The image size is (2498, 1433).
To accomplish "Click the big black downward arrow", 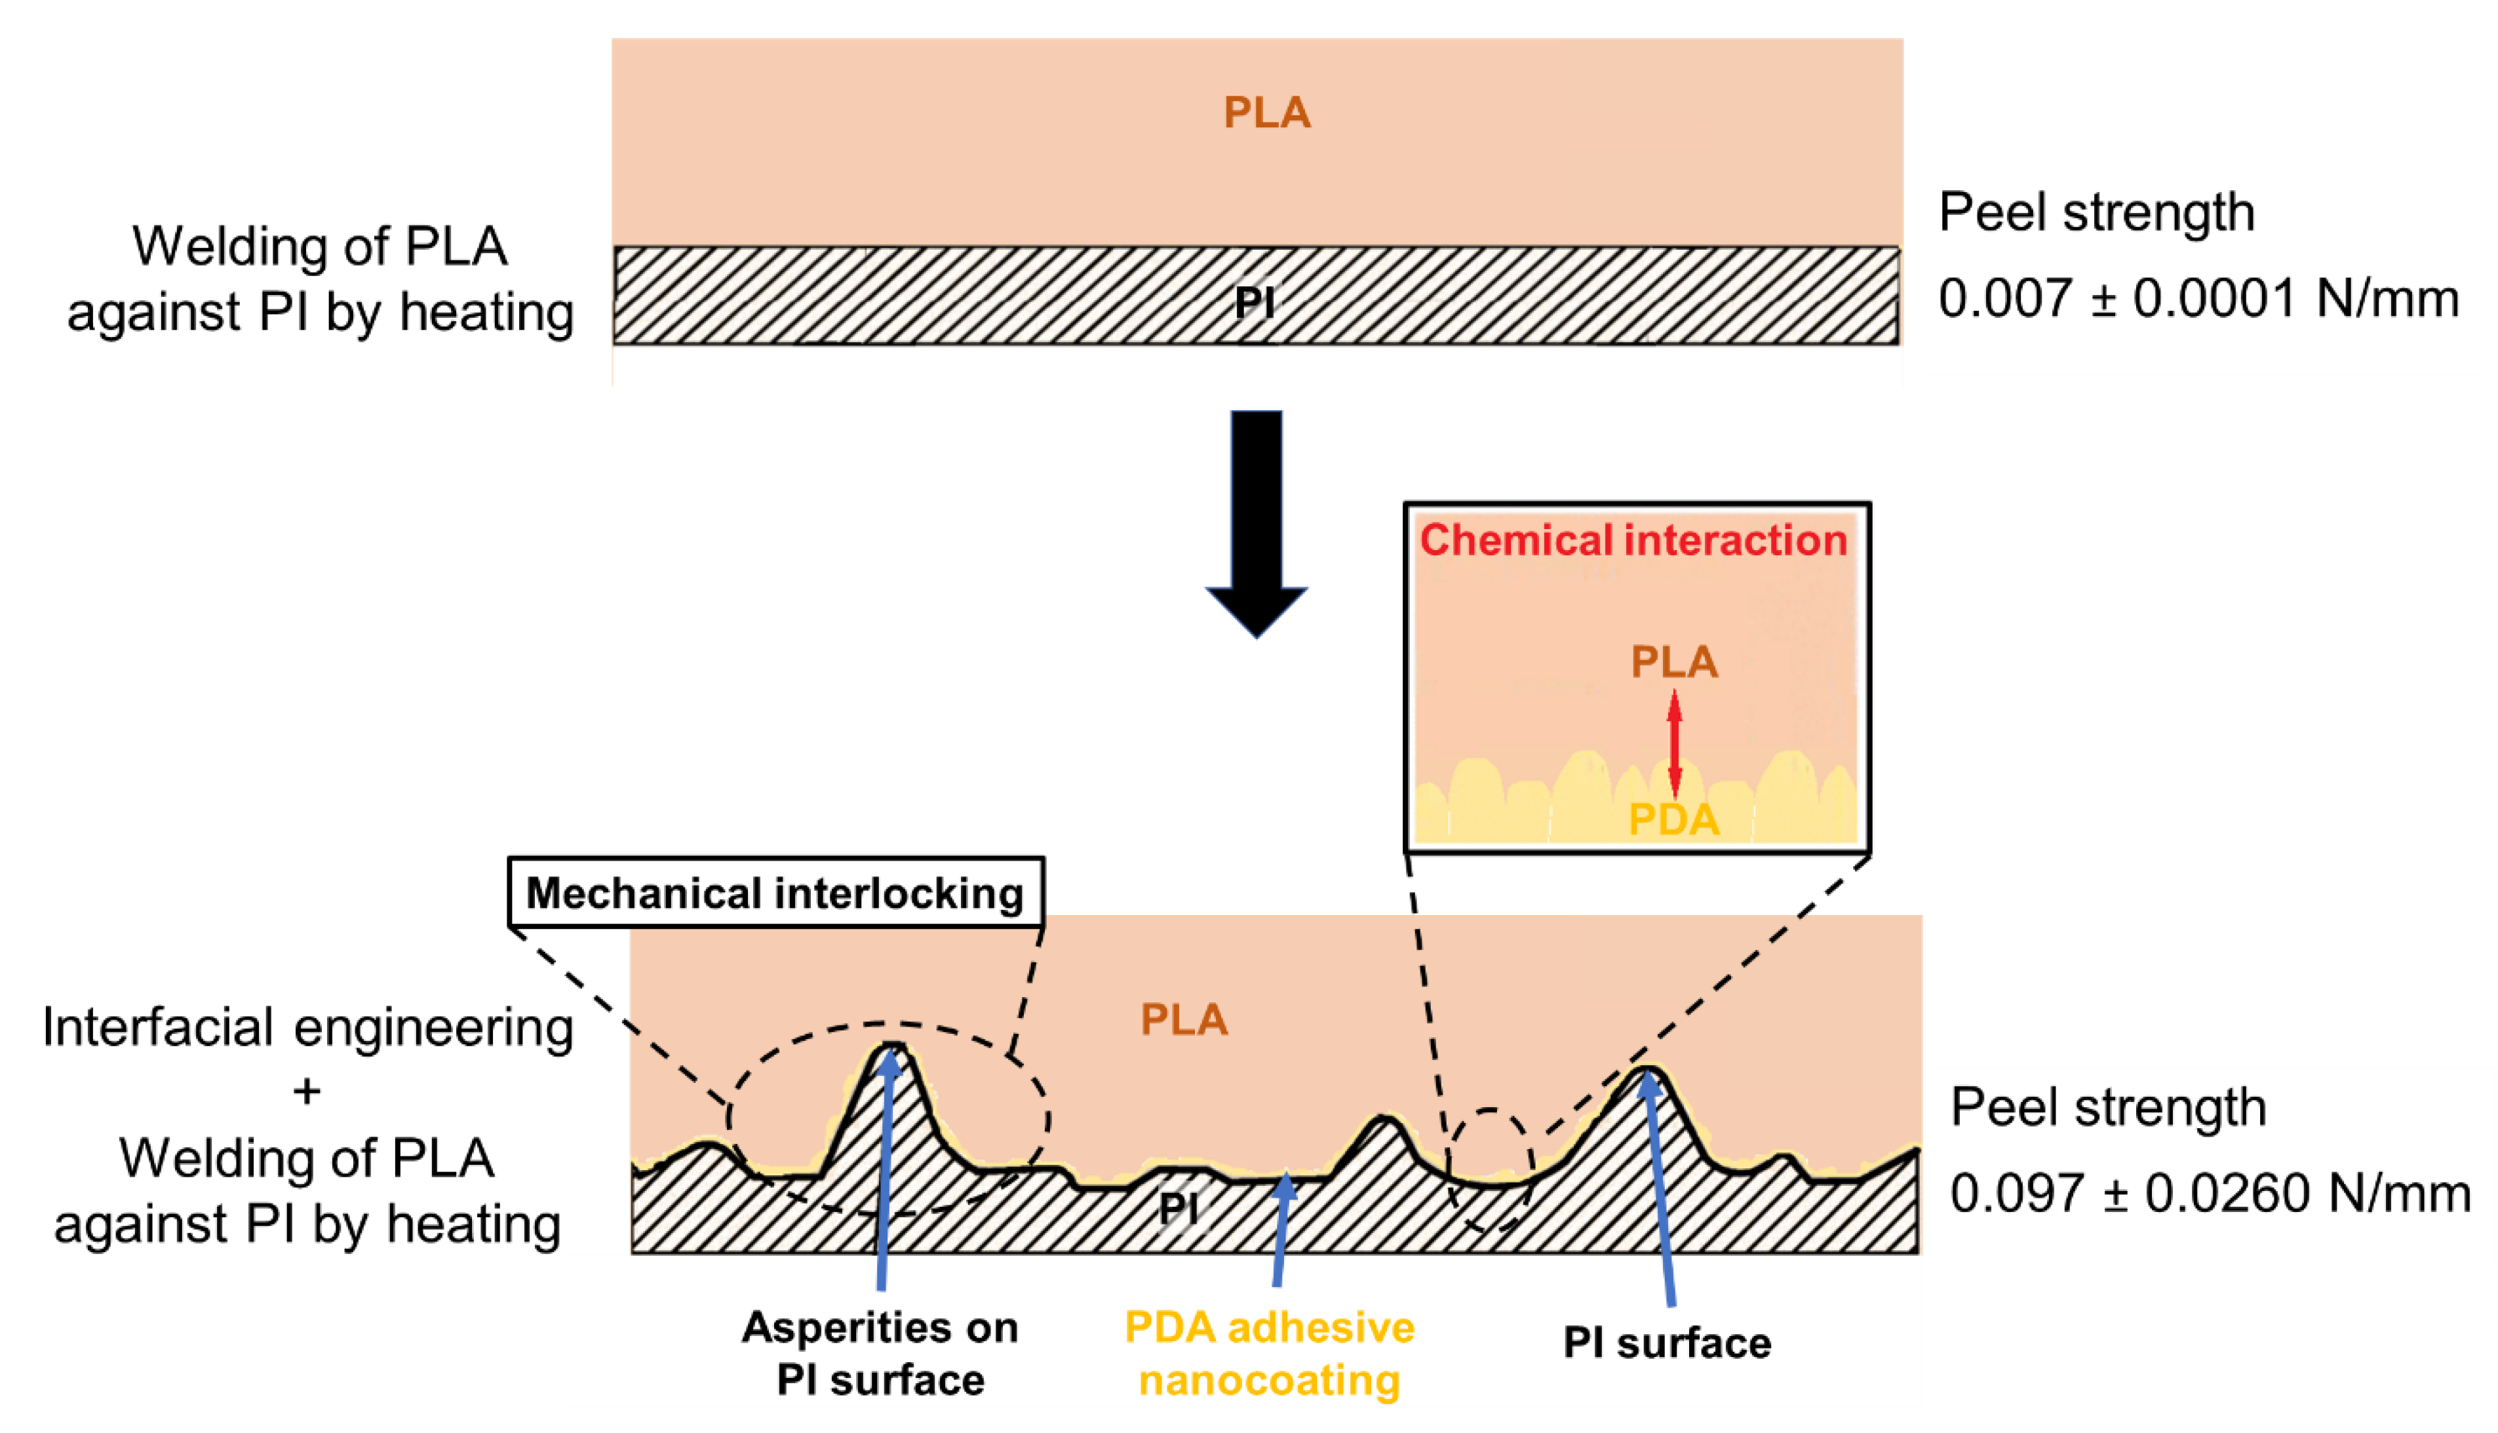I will tap(1257, 522).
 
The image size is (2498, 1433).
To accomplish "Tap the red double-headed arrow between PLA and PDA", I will tap(1675, 743).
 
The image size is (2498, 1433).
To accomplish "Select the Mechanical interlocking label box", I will tap(775, 893).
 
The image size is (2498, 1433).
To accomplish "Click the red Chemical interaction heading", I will tap(1633, 540).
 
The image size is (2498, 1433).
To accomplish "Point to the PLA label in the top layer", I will tap(1267, 113).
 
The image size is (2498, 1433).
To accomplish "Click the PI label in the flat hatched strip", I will tap(1255, 302).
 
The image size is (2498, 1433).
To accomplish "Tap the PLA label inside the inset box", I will tap(1675, 661).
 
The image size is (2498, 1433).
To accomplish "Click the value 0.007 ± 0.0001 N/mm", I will tap(2198, 298).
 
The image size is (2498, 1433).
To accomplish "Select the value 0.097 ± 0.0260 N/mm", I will tap(2210, 1193).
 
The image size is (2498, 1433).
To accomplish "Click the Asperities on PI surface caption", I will tap(880, 1353).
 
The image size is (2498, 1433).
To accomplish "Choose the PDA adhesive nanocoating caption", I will tap(1269, 1353).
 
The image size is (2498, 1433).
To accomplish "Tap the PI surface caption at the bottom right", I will tap(1667, 1343).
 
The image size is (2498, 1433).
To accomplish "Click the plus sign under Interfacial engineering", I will tap(307, 1091).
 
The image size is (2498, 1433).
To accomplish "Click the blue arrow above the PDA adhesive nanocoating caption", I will tap(1281, 1230).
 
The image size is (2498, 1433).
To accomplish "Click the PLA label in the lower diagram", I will tap(1184, 1019).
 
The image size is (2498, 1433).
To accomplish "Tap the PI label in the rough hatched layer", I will tap(1178, 1209).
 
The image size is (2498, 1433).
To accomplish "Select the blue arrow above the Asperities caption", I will tap(884, 1171).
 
